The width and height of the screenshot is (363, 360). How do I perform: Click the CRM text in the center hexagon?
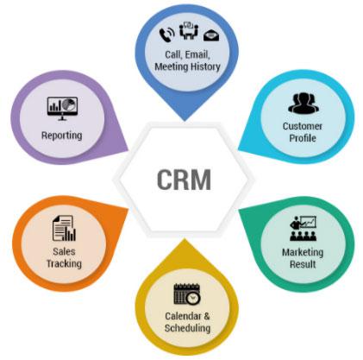click(184, 179)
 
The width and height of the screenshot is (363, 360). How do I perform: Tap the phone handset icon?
click(166, 34)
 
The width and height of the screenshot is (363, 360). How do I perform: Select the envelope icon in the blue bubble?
click(211, 35)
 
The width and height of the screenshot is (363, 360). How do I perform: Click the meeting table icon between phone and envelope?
click(189, 30)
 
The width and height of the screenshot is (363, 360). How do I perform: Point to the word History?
click(204, 67)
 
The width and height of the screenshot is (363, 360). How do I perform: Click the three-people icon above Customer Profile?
click(304, 104)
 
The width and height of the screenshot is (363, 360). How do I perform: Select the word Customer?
click(303, 126)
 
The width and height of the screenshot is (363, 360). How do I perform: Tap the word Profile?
click(303, 138)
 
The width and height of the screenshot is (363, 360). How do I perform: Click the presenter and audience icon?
click(303, 229)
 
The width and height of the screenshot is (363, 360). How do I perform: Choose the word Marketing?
click(303, 252)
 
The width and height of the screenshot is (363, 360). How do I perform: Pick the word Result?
click(303, 264)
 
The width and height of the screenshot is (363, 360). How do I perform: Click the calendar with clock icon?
click(187, 294)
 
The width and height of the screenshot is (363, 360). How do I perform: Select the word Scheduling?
click(187, 328)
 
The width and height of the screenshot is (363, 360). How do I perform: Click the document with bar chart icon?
click(64, 229)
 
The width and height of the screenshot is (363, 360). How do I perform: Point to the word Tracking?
click(64, 263)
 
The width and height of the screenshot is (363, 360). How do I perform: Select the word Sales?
click(64, 252)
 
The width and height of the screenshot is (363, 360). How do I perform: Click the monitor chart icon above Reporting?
click(62, 109)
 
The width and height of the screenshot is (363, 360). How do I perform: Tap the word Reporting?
click(62, 136)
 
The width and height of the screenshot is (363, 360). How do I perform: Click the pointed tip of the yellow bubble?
click(185, 238)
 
